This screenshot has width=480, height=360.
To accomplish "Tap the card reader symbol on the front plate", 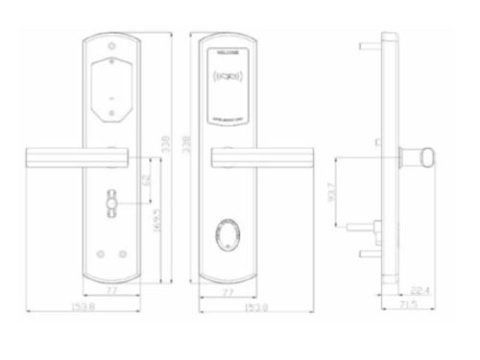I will pyautogui.click(x=227, y=72).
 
